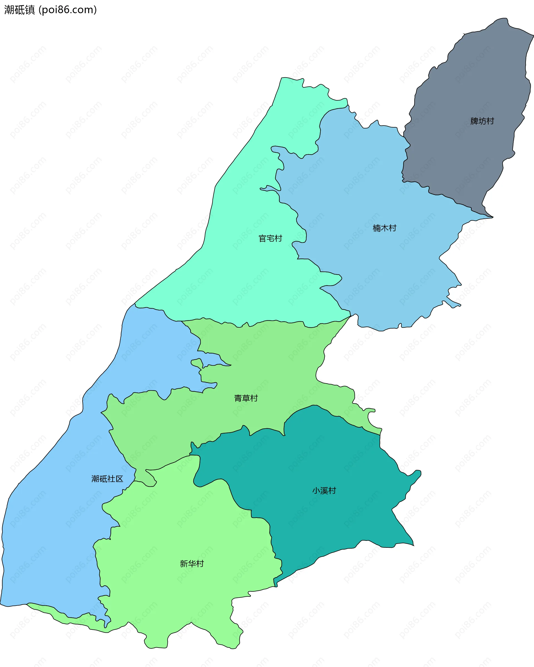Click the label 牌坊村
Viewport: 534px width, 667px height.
(x=482, y=121)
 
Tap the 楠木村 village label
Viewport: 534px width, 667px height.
(x=384, y=228)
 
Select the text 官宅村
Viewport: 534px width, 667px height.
(x=270, y=238)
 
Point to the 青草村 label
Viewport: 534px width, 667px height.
(x=246, y=398)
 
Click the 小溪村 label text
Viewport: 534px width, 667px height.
(x=324, y=490)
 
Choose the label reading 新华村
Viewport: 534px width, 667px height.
(x=192, y=563)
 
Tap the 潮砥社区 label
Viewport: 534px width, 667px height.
(x=107, y=479)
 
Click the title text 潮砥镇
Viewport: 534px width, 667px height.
(x=19, y=10)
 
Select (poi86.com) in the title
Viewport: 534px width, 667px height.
(x=68, y=10)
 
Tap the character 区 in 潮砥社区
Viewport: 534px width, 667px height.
(x=119, y=479)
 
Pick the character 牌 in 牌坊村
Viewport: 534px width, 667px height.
(x=474, y=121)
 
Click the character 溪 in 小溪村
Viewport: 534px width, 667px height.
(x=324, y=490)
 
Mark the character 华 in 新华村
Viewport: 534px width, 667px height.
(x=192, y=563)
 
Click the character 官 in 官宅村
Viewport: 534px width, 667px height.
(x=263, y=238)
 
